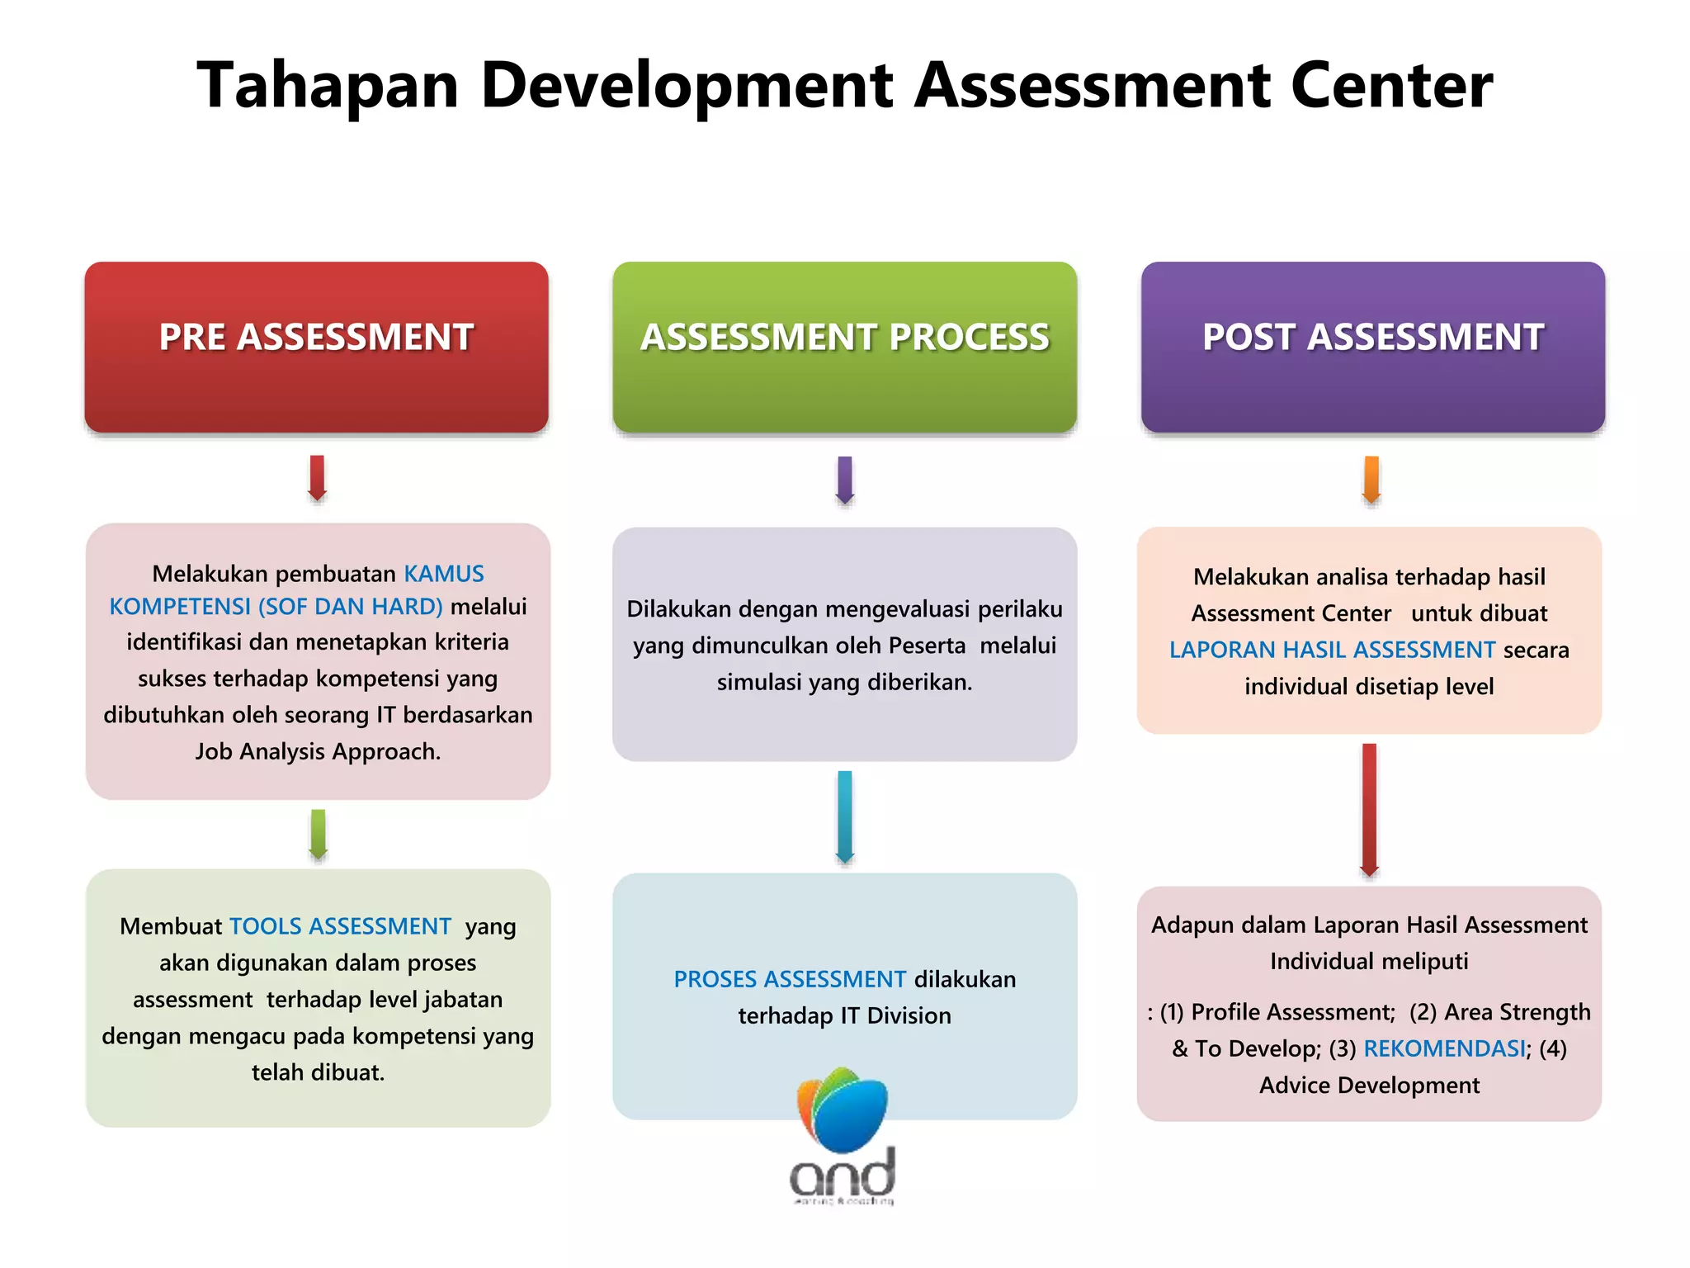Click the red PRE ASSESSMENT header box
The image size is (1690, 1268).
316,347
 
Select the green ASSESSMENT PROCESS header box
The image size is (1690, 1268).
844,347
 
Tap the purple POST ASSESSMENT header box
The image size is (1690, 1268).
1372,347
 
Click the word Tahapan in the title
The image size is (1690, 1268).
328,86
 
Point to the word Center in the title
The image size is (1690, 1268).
1391,86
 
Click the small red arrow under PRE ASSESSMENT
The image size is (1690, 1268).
317,478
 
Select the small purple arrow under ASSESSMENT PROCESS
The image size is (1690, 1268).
844,480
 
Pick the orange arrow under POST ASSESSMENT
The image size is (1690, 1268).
1371,480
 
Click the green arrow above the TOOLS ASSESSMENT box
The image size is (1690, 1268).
318,835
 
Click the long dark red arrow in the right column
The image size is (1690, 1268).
1369,810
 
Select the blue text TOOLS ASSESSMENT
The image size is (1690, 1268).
340,926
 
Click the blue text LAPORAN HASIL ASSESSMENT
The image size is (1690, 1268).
1332,650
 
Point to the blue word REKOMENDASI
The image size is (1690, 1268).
1444,1048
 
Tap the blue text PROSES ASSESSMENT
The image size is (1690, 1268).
790,979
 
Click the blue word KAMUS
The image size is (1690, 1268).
444,574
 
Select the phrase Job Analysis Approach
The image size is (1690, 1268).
318,751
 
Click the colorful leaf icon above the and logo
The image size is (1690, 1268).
843,1109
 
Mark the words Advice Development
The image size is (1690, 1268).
1369,1085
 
